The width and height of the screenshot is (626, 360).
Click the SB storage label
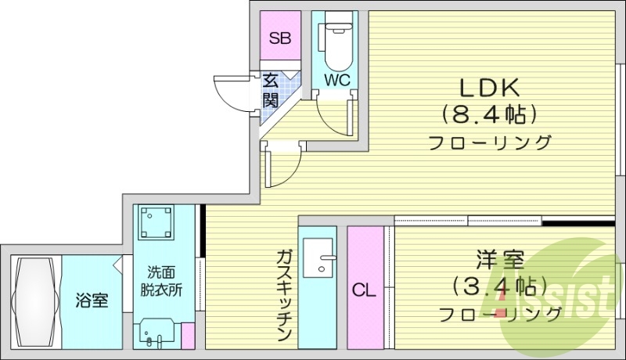pos(279,37)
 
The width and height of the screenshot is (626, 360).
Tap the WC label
pos(336,80)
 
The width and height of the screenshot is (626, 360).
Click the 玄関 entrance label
pos(271,89)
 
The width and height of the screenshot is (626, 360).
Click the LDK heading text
pos(490,86)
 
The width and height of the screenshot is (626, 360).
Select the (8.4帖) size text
pos(490,114)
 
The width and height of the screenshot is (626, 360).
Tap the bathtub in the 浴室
pos(34,301)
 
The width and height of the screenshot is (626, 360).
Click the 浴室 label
pos(92,300)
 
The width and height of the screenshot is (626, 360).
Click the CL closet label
pos(364,291)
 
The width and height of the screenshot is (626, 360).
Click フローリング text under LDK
pos(490,143)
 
